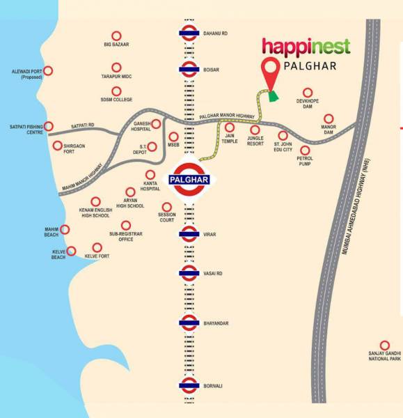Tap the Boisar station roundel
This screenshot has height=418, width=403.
[189, 68]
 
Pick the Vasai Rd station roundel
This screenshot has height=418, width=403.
[189, 273]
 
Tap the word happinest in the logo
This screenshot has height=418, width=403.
[306, 47]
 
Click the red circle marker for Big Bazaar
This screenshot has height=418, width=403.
[116, 36]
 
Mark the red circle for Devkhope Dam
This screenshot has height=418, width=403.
[307, 92]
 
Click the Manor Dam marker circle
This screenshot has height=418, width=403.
[329, 118]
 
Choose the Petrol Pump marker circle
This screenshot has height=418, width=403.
[304, 150]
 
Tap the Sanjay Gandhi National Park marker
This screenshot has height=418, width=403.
[384, 345]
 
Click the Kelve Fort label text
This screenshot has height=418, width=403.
[97, 256]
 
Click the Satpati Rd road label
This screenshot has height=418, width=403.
[83, 125]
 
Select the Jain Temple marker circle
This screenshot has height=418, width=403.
[230, 128]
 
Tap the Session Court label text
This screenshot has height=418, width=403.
[166, 217]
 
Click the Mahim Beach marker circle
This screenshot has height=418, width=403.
[65, 229]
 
